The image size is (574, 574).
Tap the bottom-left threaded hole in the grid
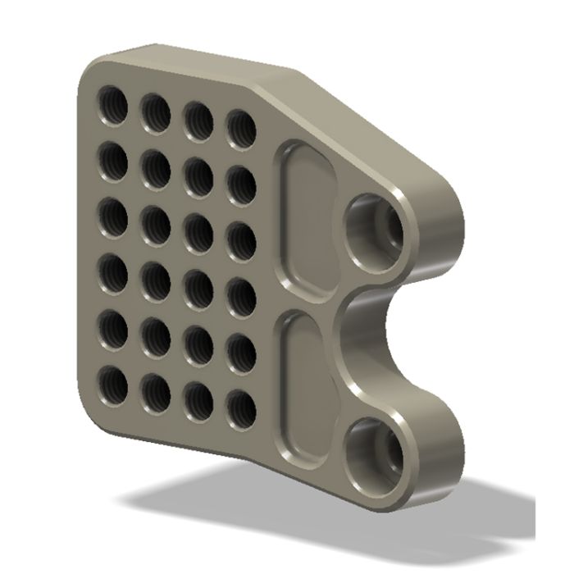point(114,383)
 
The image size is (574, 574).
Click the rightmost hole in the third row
point(240,238)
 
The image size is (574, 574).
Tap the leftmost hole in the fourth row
point(114,271)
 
